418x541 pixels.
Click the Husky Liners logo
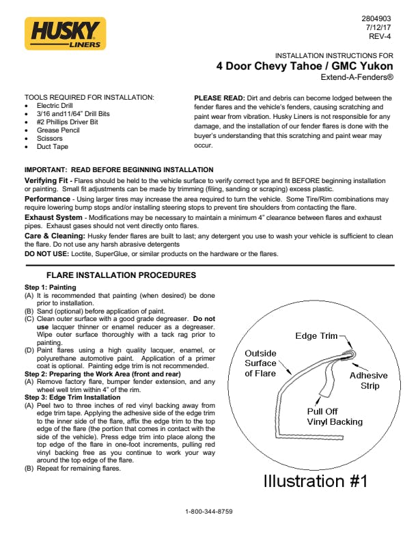[x=66, y=33]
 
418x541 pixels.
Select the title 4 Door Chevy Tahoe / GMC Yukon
[x=305, y=66]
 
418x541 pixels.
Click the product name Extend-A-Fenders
[x=357, y=78]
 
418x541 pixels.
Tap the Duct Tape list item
[x=53, y=146]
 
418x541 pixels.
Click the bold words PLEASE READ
[x=219, y=98]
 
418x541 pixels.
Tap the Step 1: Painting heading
[x=50, y=288]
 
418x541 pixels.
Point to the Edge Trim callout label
[x=316, y=336]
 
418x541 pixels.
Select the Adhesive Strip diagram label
[x=368, y=380]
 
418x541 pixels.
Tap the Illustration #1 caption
[x=316, y=480]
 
